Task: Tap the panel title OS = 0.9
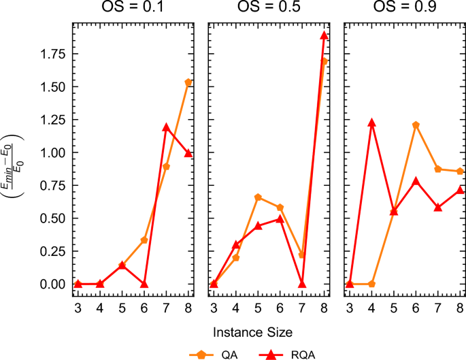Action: coord(404,9)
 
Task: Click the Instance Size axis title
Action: coord(253,333)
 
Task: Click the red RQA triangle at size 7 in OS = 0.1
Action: coord(166,127)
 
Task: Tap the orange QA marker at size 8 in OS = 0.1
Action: coord(188,82)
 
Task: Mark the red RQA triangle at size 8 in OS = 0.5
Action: coord(324,35)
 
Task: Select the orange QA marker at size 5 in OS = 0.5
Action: coord(258,197)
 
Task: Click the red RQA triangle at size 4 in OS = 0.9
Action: coord(371,123)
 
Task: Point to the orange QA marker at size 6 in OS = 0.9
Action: coord(416,125)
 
